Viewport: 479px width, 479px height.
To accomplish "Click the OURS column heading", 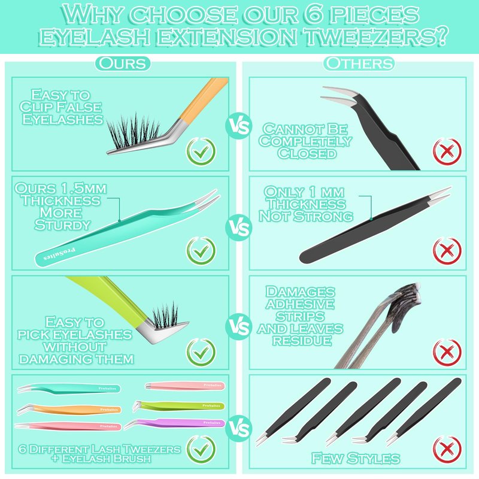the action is click(x=123, y=63).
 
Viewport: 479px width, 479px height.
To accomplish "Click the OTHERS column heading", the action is click(x=359, y=63).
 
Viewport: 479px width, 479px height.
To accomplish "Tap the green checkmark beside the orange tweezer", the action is click(x=201, y=152).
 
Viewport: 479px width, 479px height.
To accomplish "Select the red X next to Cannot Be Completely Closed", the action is click(x=447, y=151).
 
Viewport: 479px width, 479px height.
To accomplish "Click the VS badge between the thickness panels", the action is click(x=239, y=228).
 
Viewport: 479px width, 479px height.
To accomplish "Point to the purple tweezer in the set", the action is click(x=175, y=424).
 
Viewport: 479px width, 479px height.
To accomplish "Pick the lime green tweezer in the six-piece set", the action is click(x=178, y=407).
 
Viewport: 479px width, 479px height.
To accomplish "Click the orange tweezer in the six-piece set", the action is click(x=69, y=410).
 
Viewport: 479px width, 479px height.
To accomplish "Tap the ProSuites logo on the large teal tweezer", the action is click(x=59, y=254).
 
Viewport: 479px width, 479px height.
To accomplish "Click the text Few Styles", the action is click(x=355, y=458).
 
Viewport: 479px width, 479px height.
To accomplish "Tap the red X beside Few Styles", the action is click(x=447, y=450).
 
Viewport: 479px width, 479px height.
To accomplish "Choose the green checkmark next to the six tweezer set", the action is click(x=201, y=450).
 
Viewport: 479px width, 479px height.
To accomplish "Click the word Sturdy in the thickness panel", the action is click(x=62, y=225).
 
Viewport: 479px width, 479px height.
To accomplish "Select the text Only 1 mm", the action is click(x=304, y=192).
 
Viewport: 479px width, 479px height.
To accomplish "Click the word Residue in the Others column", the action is click(x=302, y=340).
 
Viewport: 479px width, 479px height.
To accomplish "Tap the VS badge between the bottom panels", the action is click(x=239, y=428).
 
